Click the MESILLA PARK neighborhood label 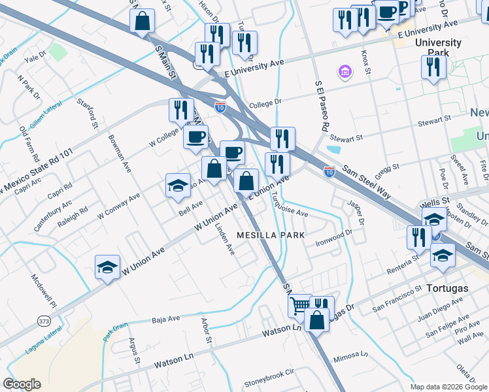tap(271, 235)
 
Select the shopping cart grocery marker tap(299, 306)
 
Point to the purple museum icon tap(344, 71)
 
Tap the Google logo tap(22, 384)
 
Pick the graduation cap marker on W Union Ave tap(107, 268)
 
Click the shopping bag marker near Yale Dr tap(142, 22)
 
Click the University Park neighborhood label tap(438, 48)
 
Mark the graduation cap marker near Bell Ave tap(178, 186)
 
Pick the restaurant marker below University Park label tap(433, 68)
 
